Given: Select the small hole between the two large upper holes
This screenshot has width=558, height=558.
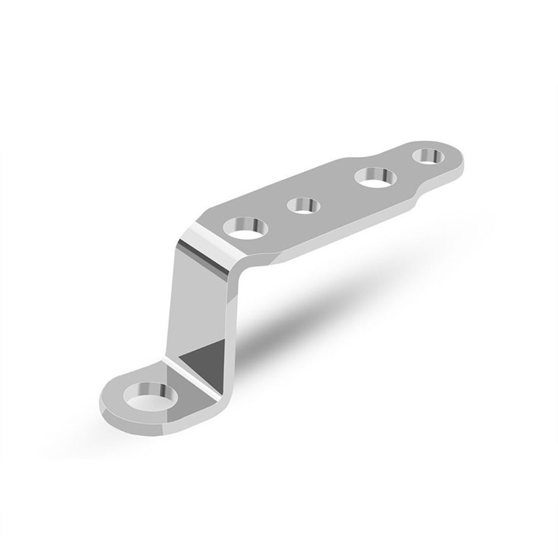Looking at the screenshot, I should point(301,206).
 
